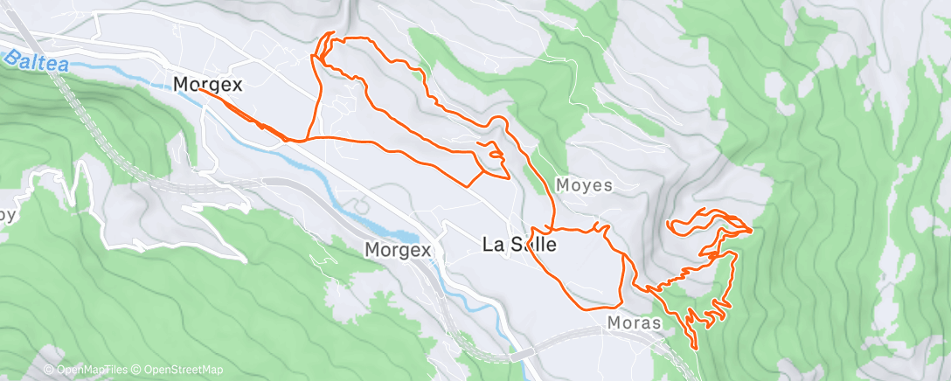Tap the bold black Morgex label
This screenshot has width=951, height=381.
click(x=207, y=84)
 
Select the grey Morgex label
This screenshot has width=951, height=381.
click(x=398, y=250)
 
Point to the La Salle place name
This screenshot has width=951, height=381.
click(x=519, y=246)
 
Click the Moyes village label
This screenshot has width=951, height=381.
click(x=585, y=185)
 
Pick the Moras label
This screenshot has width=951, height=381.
click(x=633, y=322)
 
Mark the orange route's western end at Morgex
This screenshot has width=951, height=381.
click(x=199, y=89)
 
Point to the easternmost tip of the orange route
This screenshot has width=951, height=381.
click(x=751, y=231)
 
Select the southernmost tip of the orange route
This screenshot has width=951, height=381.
click(x=696, y=349)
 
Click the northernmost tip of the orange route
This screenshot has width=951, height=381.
click(x=330, y=33)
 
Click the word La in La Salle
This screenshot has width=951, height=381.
click(x=491, y=246)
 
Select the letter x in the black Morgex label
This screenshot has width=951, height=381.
click(x=237, y=84)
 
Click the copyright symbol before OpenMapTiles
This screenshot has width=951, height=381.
click(x=49, y=371)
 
